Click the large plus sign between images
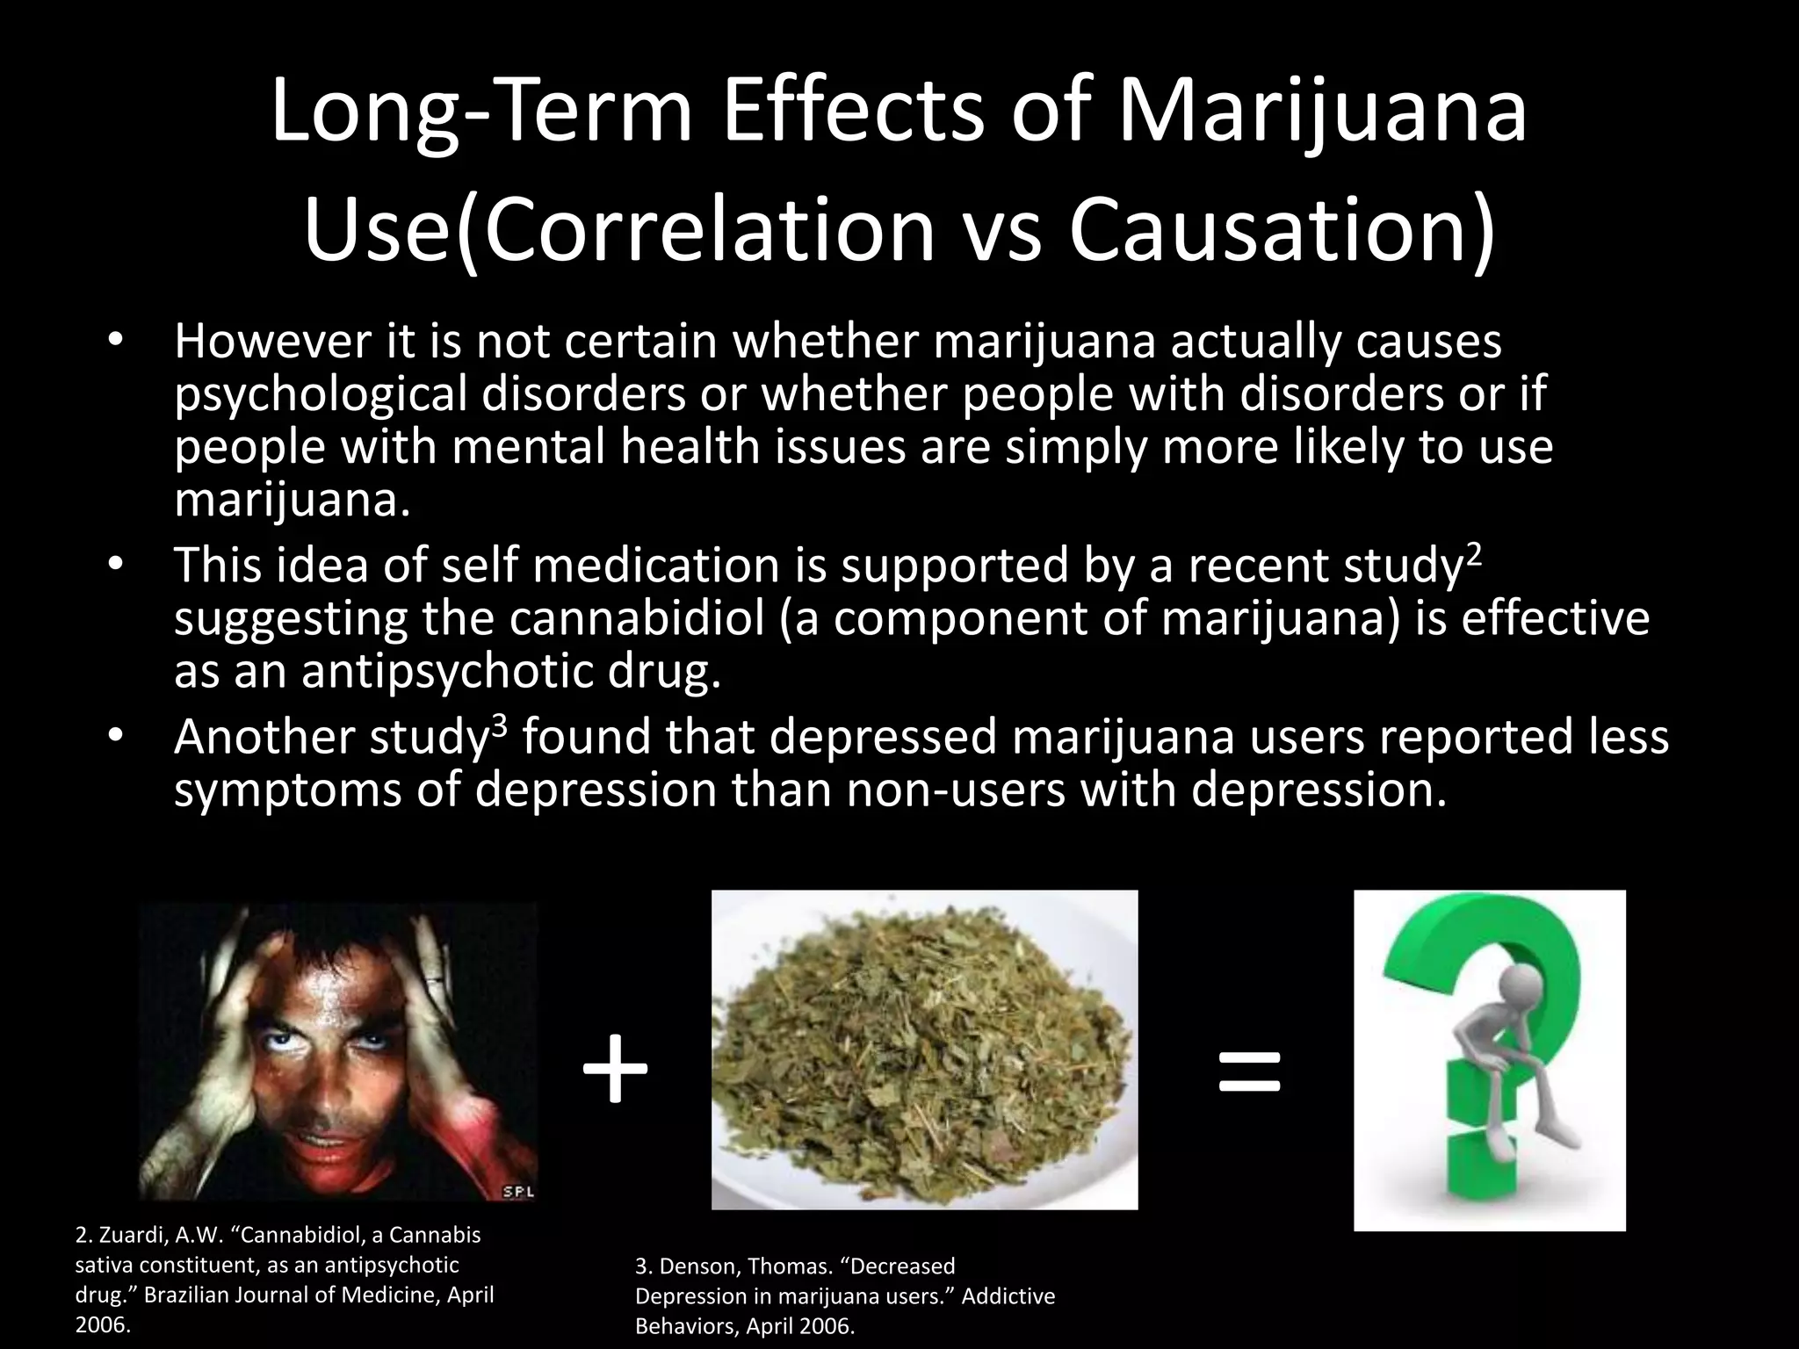pos(615,1070)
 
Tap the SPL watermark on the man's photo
pos(517,1192)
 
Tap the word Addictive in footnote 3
pos(1008,1296)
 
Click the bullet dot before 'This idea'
pos(114,566)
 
